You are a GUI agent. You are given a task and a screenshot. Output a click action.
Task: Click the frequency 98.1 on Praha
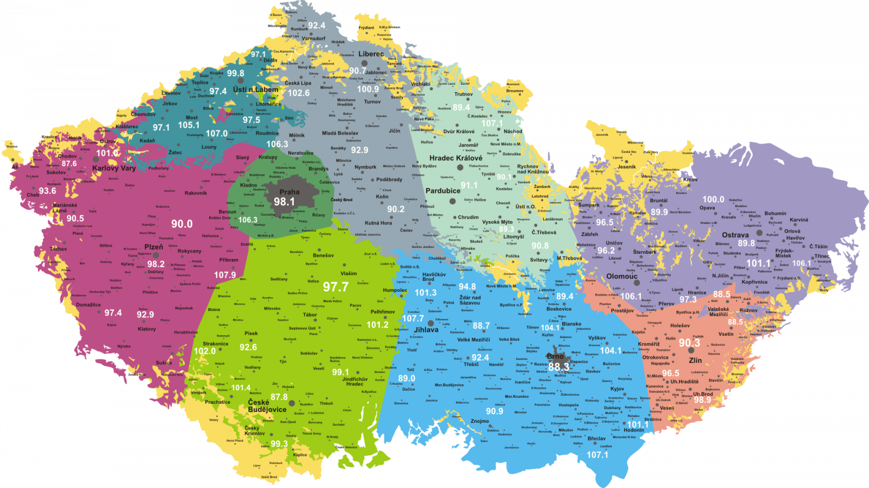(284, 202)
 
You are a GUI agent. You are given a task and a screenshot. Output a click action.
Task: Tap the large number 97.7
(336, 286)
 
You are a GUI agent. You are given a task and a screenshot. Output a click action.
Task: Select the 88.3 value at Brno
(558, 367)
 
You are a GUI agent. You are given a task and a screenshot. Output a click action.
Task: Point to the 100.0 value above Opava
(713, 199)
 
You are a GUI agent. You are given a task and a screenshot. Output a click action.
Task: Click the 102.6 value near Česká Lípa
(299, 93)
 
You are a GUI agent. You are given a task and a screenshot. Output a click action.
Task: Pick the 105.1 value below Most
(188, 125)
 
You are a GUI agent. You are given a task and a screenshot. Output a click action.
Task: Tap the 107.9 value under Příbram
(225, 275)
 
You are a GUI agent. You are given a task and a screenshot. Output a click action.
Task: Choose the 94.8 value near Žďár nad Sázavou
(467, 286)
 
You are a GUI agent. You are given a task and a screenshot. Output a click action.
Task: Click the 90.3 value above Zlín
(689, 343)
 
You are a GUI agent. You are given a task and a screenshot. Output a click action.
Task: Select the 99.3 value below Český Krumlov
(279, 443)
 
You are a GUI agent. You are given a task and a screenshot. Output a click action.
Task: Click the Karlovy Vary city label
(114, 168)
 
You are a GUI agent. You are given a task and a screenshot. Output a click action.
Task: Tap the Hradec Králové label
(456, 158)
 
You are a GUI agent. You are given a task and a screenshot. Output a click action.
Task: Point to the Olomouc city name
(622, 276)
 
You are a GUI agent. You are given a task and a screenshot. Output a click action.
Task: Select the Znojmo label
(480, 421)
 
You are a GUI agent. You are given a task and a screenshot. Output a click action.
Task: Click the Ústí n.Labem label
(255, 89)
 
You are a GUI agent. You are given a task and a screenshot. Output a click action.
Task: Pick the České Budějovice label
(267, 406)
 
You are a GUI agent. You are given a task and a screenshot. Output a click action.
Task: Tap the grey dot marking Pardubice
(452, 201)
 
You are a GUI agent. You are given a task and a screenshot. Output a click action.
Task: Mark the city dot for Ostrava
(759, 233)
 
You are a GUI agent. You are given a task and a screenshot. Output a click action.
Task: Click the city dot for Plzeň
(156, 255)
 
